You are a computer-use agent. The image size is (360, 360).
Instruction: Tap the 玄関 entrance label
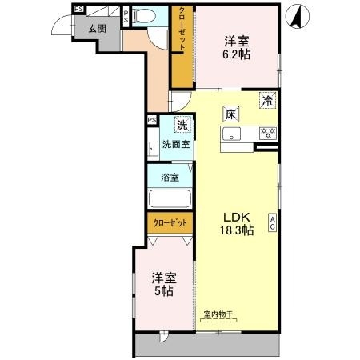point(96,29)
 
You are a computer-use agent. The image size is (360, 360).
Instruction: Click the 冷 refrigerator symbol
point(268,101)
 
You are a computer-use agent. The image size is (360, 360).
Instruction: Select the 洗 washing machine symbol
point(182,125)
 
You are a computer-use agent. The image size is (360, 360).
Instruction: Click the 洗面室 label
point(175,145)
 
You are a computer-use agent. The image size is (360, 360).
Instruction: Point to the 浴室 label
point(169,177)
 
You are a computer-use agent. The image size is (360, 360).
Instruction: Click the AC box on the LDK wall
point(273,223)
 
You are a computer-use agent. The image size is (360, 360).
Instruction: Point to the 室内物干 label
point(218,315)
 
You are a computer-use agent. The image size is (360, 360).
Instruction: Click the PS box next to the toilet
point(126,14)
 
